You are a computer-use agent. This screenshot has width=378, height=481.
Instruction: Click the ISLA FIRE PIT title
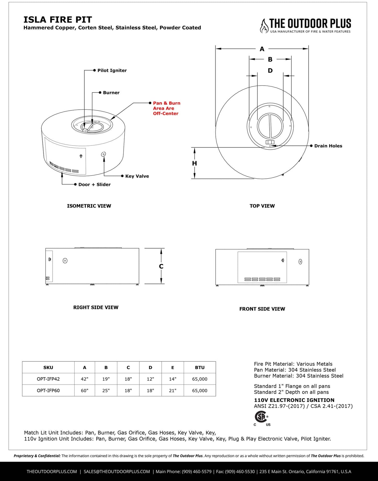pos(58,20)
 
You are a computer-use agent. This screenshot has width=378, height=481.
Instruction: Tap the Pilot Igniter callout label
pos(112,70)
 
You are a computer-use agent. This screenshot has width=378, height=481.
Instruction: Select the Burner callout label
pos(111,93)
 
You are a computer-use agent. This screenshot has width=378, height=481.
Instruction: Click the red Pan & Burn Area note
pos(166,108)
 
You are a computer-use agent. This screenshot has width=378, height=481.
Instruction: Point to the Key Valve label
pos(137,176)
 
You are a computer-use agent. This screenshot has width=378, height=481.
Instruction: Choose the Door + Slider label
pos(94,184)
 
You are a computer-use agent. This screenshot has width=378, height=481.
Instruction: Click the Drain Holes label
pos(328,146)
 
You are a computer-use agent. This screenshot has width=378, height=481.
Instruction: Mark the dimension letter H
pos(194,163)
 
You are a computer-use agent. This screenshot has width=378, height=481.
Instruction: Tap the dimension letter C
pos(161,266)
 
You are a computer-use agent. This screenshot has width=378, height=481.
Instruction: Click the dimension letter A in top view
pos(262,49)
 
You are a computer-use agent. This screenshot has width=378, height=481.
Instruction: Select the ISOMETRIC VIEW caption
pos(89,206)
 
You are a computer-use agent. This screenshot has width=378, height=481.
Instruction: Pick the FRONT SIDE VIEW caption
pos(262,309)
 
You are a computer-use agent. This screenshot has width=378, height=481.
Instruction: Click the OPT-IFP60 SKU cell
pos(48,390)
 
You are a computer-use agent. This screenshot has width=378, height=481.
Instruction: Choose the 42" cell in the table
pos(84,379)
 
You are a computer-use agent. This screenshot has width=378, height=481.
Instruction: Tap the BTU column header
pos(200,367)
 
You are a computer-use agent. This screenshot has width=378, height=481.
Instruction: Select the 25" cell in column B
pos(106,390)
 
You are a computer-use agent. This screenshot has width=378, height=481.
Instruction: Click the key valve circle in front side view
pos(300,261)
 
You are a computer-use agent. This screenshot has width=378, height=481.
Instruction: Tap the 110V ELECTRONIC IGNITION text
pos(294,400)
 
